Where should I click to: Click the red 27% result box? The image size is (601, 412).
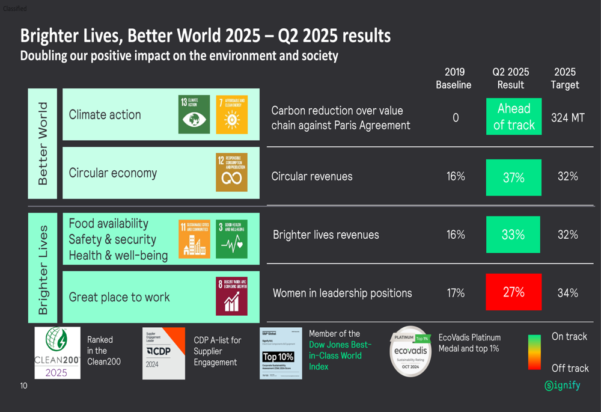(513, 292)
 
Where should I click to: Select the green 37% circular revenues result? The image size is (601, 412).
(513, 177)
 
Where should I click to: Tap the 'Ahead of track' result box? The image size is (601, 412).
(513, 117)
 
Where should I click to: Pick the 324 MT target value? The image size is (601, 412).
(567, 118)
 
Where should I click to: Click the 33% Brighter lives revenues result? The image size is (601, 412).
(513, 235)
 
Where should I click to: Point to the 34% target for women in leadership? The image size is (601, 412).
(567, 293)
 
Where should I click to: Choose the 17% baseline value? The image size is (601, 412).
(456, 293)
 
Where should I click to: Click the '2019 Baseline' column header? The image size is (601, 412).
(453, 79)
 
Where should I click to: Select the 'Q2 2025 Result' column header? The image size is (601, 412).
(511, 79)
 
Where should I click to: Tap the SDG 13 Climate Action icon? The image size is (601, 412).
(195, 114)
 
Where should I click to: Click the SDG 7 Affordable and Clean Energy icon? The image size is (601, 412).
(231, 114)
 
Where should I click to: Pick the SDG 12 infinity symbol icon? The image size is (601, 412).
(231, 173)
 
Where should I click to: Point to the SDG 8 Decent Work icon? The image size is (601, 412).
(231, 296)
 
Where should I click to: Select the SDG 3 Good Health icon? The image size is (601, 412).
(231, 239)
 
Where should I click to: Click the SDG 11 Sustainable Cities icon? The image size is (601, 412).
(195, 239)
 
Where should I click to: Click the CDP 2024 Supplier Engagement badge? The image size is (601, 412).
(163, 353)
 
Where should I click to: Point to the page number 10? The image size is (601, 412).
(23, 386)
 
